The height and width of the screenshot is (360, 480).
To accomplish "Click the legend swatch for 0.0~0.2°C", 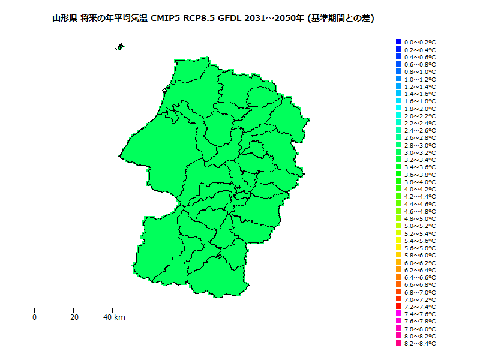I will (398, 42).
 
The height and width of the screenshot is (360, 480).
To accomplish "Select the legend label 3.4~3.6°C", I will (420, 167).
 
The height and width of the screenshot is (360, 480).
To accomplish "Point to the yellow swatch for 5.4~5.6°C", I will (398, 240).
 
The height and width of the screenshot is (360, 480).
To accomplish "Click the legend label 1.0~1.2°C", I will (420, 79).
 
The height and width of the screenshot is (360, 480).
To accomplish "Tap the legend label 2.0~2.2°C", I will (420, 115).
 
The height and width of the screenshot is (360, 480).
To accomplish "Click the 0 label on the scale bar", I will (35, 317).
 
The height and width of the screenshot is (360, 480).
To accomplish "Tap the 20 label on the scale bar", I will (74, 317).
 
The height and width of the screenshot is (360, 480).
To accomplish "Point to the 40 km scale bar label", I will (114, 317).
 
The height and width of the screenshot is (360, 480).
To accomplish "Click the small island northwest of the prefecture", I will (121, 46).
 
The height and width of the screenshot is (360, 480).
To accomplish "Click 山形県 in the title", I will (64, 19).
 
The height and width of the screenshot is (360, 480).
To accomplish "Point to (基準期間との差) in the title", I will (341, 19).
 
